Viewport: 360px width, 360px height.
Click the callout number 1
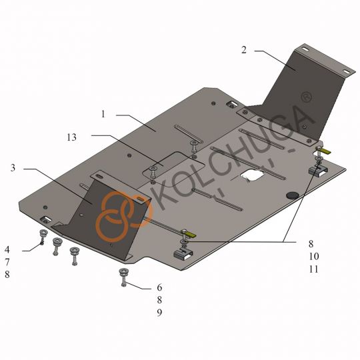(x=103, y=114)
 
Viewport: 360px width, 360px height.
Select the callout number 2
(x=244, y=50)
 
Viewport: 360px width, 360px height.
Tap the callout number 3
(x=13, y=168)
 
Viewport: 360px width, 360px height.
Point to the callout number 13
(x=71, y=137)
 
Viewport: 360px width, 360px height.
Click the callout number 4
(x=7, y=249)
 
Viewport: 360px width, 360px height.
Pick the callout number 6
(x=159, y=287)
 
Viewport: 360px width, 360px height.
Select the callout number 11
(x=313, y=269)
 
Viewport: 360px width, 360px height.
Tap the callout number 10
(x=313, y=256)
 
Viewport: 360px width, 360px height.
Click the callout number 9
(x=159, y=312)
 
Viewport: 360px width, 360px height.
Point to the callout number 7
(x=7, y=262)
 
